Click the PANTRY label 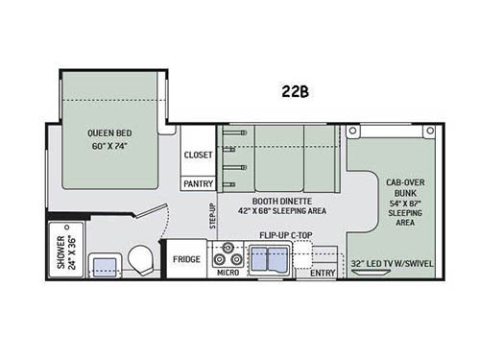coord(200,182)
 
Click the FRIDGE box coord(186,259)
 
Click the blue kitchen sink coord(270,257)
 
